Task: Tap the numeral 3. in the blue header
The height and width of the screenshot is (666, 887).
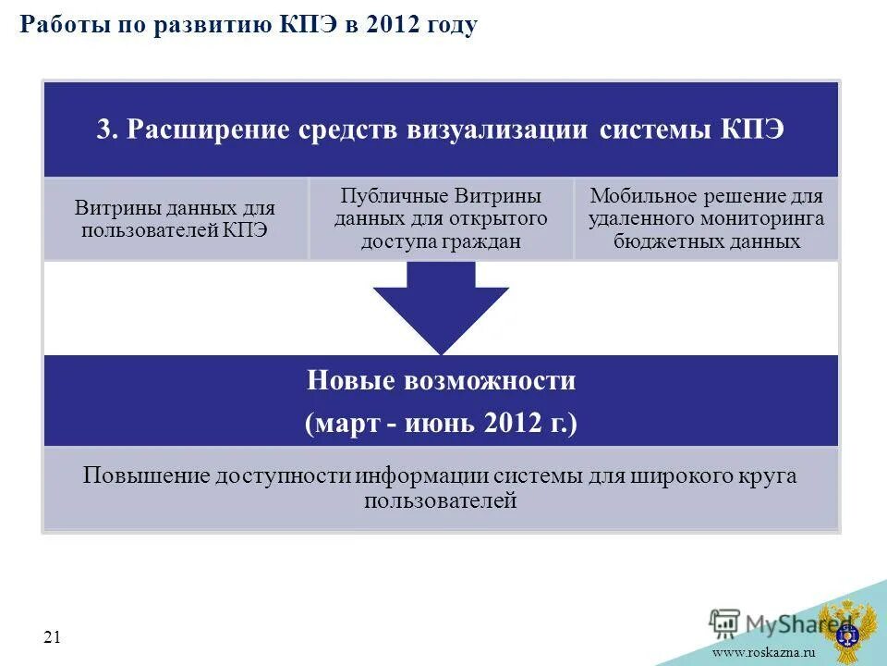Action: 108,129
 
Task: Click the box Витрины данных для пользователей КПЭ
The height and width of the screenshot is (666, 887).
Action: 176,219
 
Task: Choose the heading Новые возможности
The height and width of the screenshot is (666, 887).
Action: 441,380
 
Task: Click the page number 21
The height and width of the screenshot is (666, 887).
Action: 52,635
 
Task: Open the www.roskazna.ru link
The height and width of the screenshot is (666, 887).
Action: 763,654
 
